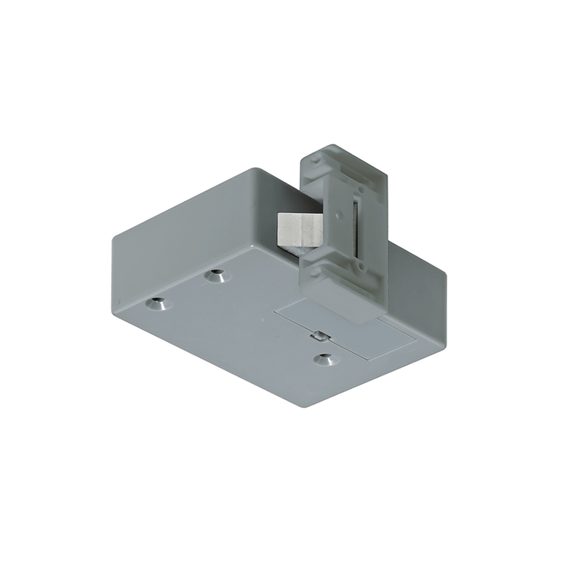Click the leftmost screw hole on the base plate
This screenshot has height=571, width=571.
tap(156, 303)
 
